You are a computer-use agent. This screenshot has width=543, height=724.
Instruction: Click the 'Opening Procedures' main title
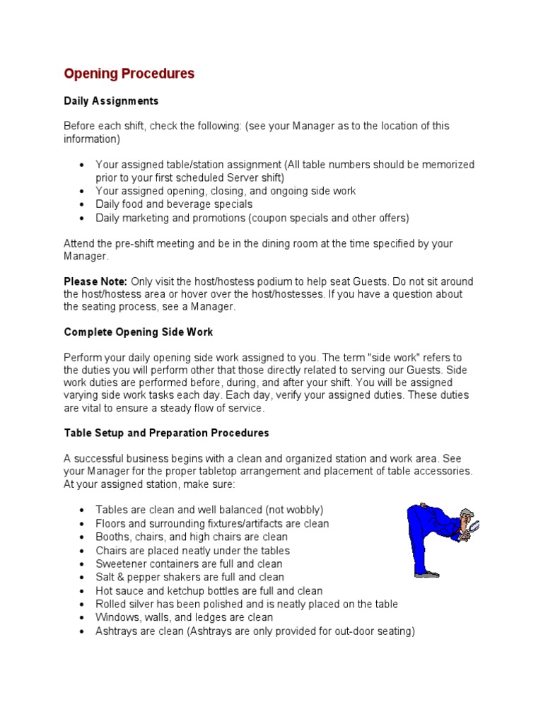point(129,74)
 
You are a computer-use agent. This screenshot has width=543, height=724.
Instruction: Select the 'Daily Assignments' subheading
point(111,101)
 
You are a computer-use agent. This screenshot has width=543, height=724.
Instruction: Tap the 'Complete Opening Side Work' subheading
point(138,332)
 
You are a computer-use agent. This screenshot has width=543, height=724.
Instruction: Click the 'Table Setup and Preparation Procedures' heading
point(166,433)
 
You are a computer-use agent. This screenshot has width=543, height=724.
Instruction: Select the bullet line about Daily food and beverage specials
point(174,204)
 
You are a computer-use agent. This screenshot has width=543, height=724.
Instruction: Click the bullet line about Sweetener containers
point(189,564)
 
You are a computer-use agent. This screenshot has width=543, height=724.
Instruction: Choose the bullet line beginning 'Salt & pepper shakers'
point(189,577)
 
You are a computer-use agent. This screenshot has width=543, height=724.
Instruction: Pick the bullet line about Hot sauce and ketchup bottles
point(209,590)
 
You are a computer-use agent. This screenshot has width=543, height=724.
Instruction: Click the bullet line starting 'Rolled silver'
point(246,604)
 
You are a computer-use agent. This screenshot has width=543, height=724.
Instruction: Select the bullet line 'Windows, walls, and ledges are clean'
point(184,617)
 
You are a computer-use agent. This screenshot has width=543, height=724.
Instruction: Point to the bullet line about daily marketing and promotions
point(252,218)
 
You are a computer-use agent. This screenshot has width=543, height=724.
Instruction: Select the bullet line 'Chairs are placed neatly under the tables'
point(192,550)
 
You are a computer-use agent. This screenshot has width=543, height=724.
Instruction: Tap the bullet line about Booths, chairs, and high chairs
point(191,537)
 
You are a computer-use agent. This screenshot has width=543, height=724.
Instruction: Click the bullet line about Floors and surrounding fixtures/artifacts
point(212,523)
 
